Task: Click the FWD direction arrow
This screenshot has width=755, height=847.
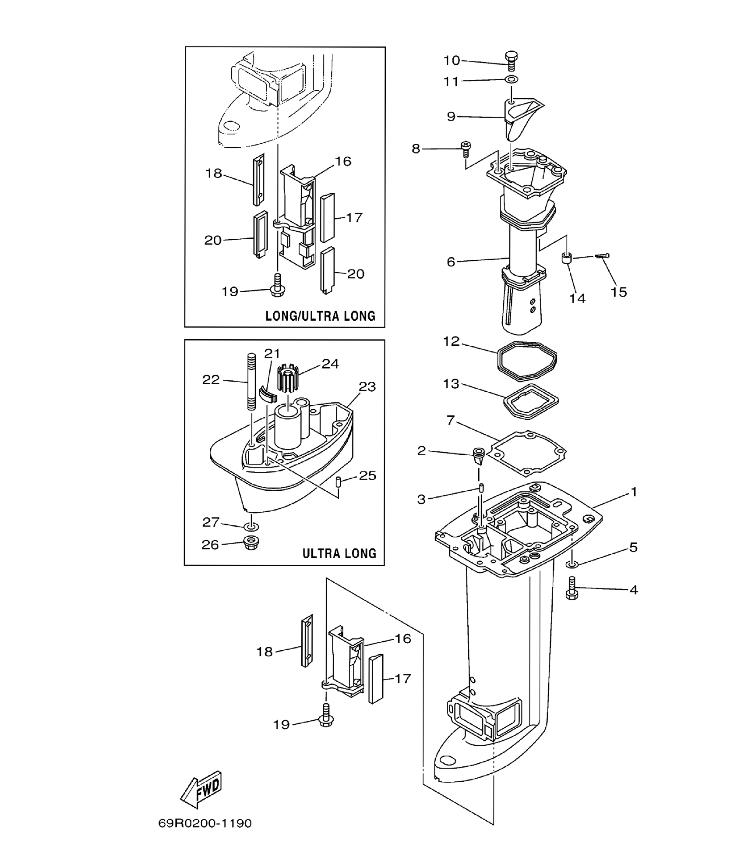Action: coord(201,790)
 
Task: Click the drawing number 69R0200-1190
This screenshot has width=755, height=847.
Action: coord(205,823)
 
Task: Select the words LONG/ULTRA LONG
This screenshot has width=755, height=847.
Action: coord(320,316)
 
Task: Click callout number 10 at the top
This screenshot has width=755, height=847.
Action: coord(452,60)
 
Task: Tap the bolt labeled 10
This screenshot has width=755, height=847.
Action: coord(511,61)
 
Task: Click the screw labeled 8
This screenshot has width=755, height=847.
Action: coord(466,149)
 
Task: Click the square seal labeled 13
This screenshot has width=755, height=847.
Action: coord(531,401)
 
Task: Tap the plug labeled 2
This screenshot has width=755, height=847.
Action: coord(478,456)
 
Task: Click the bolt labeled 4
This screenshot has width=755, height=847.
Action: coord(572,588)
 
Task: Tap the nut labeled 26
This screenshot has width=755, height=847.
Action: coord(251,543)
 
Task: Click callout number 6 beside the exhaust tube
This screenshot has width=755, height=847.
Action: coord(451,262)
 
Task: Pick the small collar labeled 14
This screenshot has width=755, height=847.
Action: coord(567,258)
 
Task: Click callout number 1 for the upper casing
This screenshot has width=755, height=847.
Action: coord(633,492)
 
